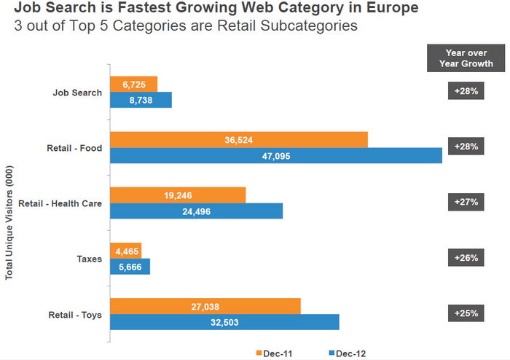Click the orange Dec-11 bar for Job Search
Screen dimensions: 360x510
[133, 84]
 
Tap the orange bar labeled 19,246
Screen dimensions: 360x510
[178, 195]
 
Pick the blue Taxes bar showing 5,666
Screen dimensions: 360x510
[130, 267]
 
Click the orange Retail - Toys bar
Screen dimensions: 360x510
[205, 306]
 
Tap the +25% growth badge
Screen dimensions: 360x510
[466, 313]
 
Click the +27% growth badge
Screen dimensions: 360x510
[466, 201]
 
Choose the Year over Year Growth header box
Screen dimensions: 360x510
[466, 58]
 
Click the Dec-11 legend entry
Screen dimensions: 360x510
[274, 353]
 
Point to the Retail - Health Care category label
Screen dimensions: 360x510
[60, 203]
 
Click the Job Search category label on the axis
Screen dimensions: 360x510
[76, 93]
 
